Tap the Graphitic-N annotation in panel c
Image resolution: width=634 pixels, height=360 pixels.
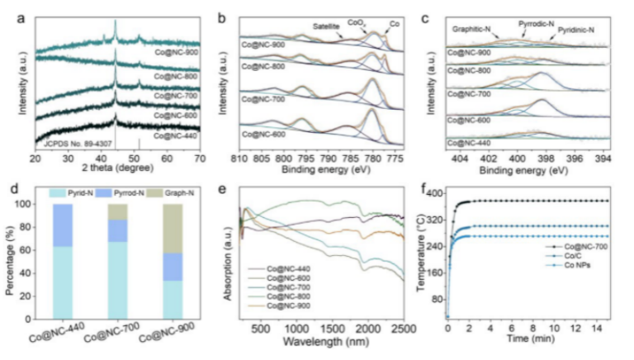pyautogui.click(x=474, y=31)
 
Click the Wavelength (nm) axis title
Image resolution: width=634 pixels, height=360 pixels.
pyautogui.click(x=326, y=341)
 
